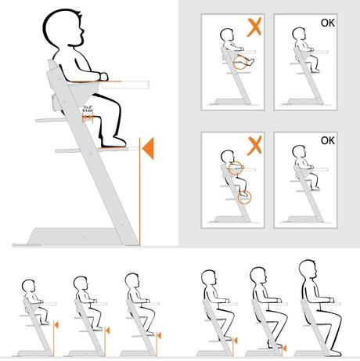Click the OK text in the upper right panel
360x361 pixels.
coord(329,23)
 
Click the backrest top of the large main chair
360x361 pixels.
coord(50,64)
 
